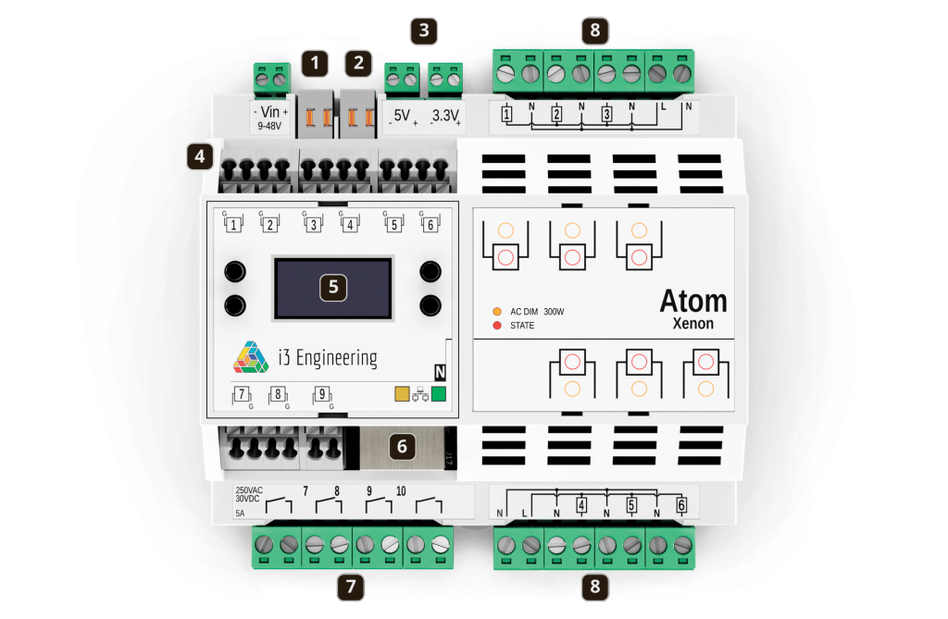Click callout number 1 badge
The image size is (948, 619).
point(315,63)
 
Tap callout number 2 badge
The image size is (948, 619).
point(358,63)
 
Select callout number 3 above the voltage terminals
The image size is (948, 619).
point(424,31)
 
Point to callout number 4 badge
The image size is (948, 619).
point(200,156)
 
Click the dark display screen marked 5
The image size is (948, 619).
point(333,289)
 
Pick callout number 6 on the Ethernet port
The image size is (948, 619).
point(402,447)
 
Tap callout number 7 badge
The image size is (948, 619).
point(351,587)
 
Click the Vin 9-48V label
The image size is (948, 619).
point(270,118)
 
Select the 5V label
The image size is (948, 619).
point(402,116)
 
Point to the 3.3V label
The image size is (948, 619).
point(445,116)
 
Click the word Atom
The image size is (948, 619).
point(693,301)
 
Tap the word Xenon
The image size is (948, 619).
point(693,324)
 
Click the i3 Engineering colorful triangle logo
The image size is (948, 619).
point(251,357)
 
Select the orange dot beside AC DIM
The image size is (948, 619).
point(497,311)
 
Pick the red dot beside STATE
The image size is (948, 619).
point(497,325)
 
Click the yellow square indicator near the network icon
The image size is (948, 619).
point(402,394)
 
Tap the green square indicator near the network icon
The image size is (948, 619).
point(439,394)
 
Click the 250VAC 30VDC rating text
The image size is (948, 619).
point(248,494)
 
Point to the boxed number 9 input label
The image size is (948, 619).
point(321,394)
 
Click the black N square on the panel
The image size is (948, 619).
point(440,372)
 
